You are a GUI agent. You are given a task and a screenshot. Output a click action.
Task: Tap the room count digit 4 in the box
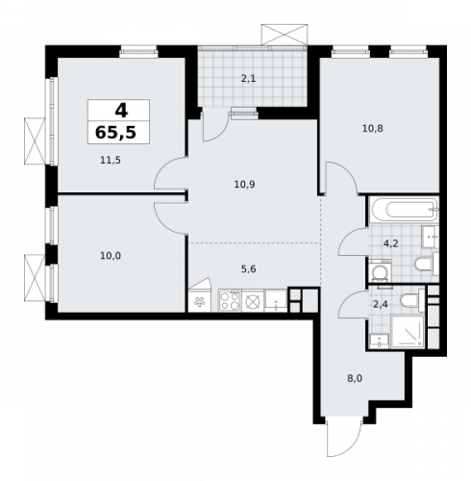(x=120, y=110)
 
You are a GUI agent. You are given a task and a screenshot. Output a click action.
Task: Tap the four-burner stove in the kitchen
(x=231, y=302)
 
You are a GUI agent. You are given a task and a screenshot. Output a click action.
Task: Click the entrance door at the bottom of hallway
(x=339, y=440)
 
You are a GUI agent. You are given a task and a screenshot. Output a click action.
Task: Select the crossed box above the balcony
(x=286, y=33)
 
